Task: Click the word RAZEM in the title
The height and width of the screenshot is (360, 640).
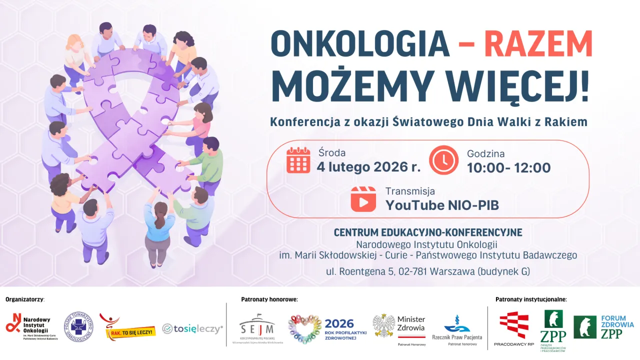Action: (x=538, y=44)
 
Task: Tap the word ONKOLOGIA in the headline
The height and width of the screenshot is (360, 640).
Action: (x=360, y=44)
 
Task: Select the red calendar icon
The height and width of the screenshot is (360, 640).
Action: (x=298, y=160)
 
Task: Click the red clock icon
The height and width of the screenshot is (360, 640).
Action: (x=443, y=160)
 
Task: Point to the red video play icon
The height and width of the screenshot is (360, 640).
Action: (x=363, y=199)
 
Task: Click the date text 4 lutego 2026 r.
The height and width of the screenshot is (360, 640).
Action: (x=368, y=167)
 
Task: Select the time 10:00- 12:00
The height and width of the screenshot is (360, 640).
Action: (x=508, y=167)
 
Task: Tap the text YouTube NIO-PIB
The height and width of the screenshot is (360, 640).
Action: (x=442, y=205)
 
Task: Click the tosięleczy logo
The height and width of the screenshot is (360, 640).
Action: (x=192, y=328)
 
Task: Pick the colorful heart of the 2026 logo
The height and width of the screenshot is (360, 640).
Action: (x=304, y=329)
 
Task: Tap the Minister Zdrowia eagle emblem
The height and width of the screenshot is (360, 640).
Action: (x=383, y=325)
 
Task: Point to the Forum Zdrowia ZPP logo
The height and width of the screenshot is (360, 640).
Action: (x=603, y=327)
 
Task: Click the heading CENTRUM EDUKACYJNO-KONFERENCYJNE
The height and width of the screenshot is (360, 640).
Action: (x=427, y=232)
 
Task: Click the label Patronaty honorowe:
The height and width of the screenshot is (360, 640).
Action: (x=269, y=299)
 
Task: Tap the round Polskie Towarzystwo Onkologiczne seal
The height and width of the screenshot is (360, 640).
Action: (x=78, y=327)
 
